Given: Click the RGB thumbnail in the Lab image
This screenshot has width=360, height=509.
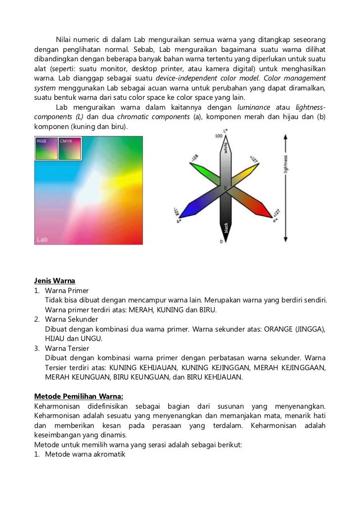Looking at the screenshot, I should (x=45, y=148).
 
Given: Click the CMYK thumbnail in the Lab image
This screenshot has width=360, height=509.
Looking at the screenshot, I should (x=70, y=148).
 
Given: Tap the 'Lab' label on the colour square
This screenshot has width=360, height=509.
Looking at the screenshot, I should (x=43, y=239).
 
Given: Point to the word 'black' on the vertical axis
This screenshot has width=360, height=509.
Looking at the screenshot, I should (x=226, y=227).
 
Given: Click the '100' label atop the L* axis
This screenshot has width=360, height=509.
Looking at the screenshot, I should (x=219, y=135).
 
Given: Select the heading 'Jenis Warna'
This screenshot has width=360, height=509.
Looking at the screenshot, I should (x=54, y=280).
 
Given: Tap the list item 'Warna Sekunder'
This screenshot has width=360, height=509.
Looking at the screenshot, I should (x=67, y=319).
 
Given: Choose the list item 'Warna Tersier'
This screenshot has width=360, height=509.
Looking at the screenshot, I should (x=64, y=348).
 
